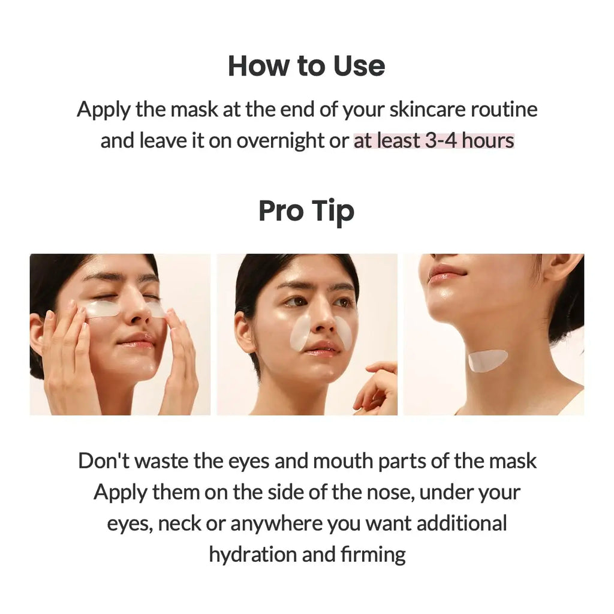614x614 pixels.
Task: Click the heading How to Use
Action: [306, 66]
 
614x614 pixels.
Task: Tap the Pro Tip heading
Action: [306, 211]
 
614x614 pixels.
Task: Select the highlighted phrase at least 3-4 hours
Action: [434, 141]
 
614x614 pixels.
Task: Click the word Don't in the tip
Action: [103, 460]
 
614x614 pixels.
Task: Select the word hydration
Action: [252, 554]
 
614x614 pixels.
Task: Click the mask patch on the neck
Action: [487, 360]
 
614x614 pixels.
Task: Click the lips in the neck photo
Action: [446, 272]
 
